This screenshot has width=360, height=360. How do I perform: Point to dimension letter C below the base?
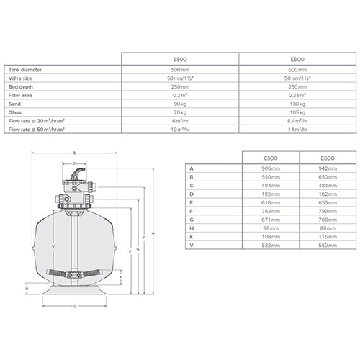click(x=74, y=307)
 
